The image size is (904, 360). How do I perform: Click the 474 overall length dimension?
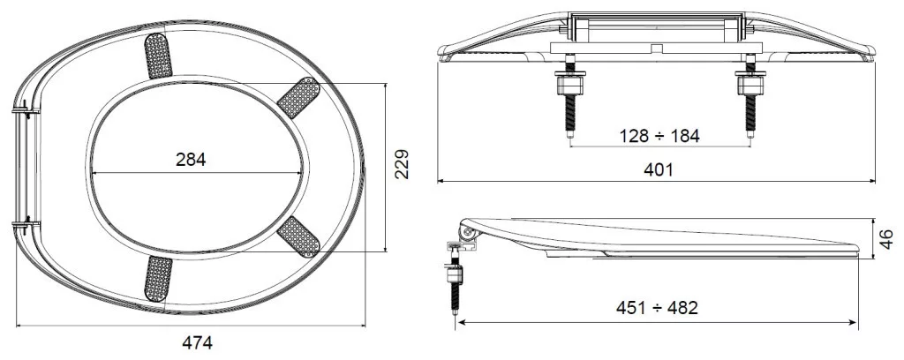click(197, 342)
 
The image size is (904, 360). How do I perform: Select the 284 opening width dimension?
click(191, 160)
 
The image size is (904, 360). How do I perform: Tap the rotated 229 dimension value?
click(402, 164)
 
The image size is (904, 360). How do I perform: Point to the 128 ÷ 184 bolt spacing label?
click(659, 136)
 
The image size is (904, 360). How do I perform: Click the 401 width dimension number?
click(658, 169)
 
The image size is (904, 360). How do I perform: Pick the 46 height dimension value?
click(887, 239)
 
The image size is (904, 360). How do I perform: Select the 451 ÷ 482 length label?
click(657, 308)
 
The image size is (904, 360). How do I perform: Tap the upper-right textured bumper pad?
click(298, 97)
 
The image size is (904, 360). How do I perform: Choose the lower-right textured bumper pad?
click(298, 236)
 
